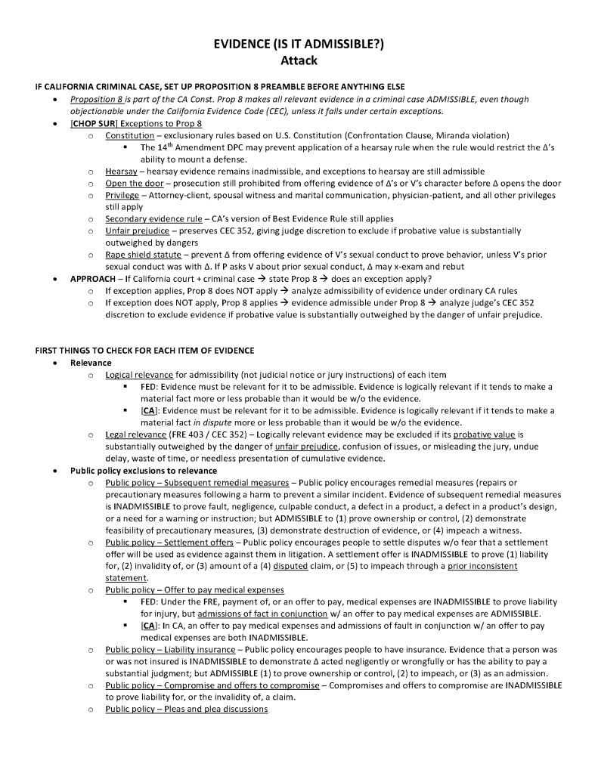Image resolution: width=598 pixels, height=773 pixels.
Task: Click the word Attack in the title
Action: click(299, 60)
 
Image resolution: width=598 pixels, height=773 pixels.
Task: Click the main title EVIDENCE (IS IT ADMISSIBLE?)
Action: click(299, 45)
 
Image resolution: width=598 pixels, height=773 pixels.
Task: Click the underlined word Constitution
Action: click(130, 135)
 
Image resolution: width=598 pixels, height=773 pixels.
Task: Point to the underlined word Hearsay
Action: click(119, 172)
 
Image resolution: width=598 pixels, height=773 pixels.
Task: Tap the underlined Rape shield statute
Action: click(143, 255)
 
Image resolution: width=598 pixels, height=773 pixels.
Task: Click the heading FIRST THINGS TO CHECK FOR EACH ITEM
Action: click(145, 350)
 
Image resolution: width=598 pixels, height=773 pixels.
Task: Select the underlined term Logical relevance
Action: click(140, 375)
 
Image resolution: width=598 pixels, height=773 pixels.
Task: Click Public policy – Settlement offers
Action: click(170, 543)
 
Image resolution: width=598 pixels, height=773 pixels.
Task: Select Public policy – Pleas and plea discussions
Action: click(186, 709)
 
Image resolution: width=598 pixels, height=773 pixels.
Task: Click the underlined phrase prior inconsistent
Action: click(482, 566)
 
